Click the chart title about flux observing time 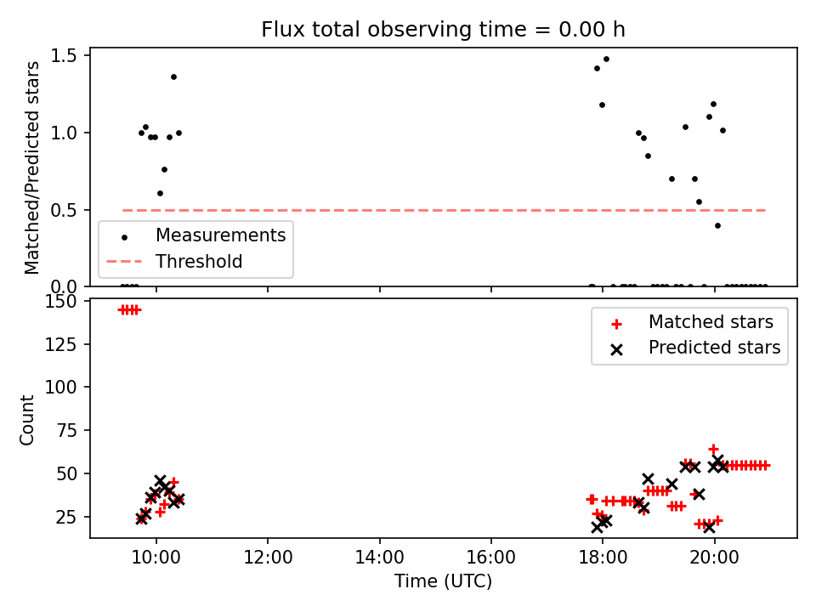pyautogui.click(x=443, y=30)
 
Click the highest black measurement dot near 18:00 pyautogui.click(x=606, y=59)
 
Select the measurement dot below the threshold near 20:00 pyautogui.click(x=717, y=226)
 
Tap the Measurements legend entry pyautogui.click(x=196, y=235)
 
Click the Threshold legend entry pyautogui.click(x=174, y=261)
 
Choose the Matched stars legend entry pyautogui.click(x=691, y=322)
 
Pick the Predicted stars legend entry pyautogui.click(x=695, y=348)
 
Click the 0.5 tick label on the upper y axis pyautogui.click(x=64, y=210)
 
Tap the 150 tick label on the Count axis pyautogui.click(x=61, y=301)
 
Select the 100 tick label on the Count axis pyautogui.click(x=61, y=388)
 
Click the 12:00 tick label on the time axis pyautogui.click(x=268, y=558)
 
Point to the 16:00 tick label pyautogui.click(x=491, y=558)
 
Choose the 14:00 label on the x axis pyautogui.click(x=379, y=558)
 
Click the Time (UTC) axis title pyautogui.click(x=443, y=581)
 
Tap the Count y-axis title pyautogui.click(x=26, y=419)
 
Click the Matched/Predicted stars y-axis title pyautogui.click(x=31, y=167)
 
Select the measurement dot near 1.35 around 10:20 pyautogui.click(x=173, y=77)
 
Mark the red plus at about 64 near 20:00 pyautogui.click(x=713, y=449)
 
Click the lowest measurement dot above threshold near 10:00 pyautogui.click(x=161, y=194)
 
